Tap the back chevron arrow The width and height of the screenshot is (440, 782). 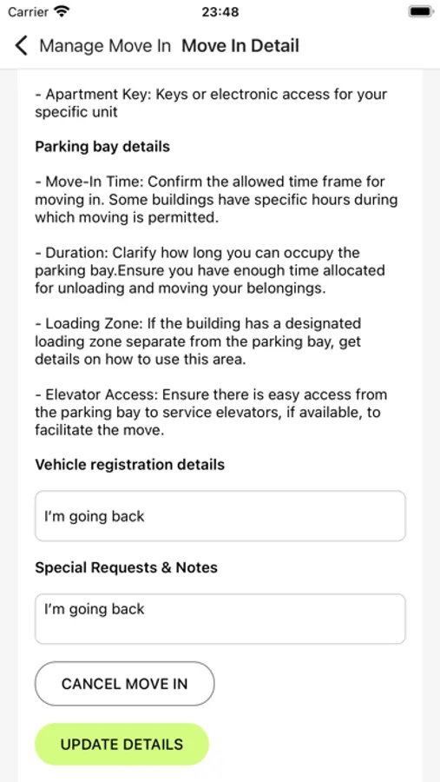pyautogui.click(x=22, y=46)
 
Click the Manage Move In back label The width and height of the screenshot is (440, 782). pyautogui.click(x=105, y=46)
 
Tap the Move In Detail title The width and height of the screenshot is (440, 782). pyautogui.click(x=240, y=46)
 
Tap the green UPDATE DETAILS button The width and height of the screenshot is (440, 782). pyautogui.click(x=121, y=745)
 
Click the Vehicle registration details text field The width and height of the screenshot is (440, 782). pyautogui.click(x=220, y=516)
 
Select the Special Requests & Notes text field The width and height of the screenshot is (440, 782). pyautogui.click(x=220, y=619)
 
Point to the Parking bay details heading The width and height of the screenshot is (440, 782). pyautogui.click(x=102, y=147)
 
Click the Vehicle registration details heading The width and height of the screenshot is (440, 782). pyautogui.click(x=129, y=465)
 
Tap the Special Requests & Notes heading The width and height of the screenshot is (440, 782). pyautogui.click(x=126, y=567)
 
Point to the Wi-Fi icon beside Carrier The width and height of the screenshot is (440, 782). pyautogui.click(x=62, y=12)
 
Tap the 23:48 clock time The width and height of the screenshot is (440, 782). pyautogui.click(x=220, y=12)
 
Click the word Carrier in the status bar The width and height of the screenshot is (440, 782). pyautogui.click(x=28, y=12)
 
